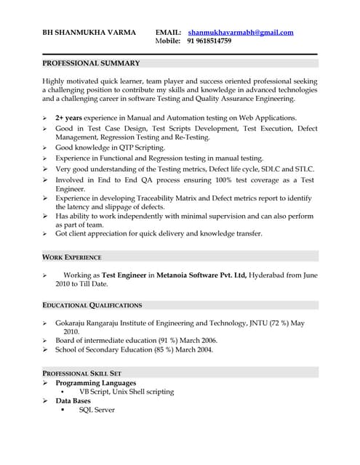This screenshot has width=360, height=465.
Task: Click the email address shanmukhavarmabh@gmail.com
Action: [240, 33]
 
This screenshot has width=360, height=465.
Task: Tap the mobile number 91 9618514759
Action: [209, 41]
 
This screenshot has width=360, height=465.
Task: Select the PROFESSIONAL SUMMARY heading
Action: [91, 63]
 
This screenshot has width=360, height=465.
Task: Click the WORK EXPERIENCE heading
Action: [71, 257]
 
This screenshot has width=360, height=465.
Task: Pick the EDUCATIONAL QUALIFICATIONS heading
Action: [92, 305]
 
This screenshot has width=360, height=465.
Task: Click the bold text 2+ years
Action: [69, 117]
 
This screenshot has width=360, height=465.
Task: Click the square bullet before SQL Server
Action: [63, 410]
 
